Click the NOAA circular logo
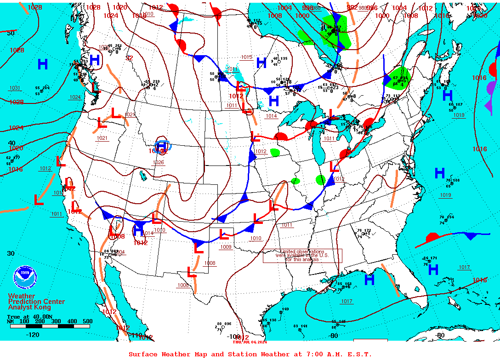[x=24, y=276]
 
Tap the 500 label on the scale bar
[x=87, y=321]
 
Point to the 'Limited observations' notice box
[x=302, y=256]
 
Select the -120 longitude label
[x=33, y=335]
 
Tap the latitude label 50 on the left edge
[x=11, y=33]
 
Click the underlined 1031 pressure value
[x=14, y=88]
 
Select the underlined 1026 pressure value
[x=158, y=162]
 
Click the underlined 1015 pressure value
[x=246, y=57]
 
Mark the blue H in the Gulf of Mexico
[x=369, y=279]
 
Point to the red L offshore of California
[x=39, y=200]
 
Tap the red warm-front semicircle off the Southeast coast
[x=432, y=238]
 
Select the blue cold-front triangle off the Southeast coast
[x=470, y=236]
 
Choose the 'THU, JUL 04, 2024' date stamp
[x=250, y=342]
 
